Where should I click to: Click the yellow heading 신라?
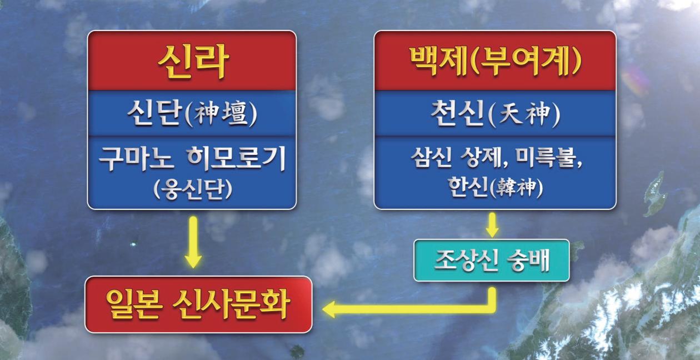click(193, 61)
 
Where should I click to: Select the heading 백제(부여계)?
click(496, 61)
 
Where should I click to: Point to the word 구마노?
click(136, 159)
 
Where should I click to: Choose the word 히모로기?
click(236, 159)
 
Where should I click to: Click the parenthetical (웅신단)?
click(192, 189)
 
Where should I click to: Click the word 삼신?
click(431, 158)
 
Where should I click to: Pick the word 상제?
click(483, 158)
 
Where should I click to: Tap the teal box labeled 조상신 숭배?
click(492, 261)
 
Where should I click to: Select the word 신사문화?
click(231, 304)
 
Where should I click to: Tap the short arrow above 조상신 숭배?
click(492, 225)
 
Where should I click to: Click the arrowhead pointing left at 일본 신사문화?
click(329, 309)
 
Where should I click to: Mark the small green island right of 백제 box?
click(656, 194)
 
